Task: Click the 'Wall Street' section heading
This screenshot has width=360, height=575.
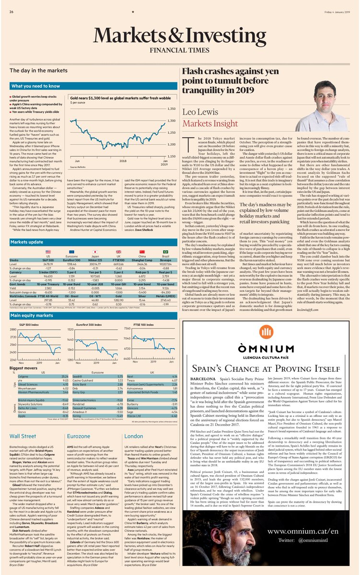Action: coord(23,437)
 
